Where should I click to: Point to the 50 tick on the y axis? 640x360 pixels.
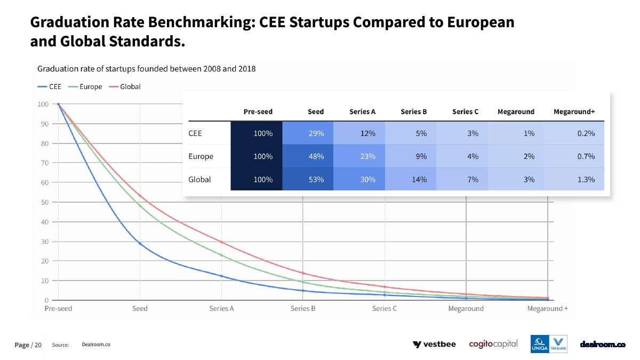[45, 202]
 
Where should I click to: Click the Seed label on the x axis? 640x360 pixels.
[140, 309]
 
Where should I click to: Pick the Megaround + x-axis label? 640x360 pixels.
[547, 309]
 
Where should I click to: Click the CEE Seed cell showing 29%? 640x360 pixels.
[308, 133]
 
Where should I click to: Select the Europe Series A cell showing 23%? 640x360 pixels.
[359, 156]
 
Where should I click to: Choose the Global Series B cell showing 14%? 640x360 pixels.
[411, 180]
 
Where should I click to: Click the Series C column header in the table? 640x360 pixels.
[465, 111]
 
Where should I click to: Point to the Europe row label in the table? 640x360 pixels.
[201, 156]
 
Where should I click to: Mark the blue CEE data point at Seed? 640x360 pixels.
[140, 243]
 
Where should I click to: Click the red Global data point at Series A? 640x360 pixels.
[221, 242]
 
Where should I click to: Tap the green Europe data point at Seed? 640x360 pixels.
[140, 205]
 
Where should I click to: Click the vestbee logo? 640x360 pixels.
[434, 345]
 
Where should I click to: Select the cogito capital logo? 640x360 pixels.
[493, 344]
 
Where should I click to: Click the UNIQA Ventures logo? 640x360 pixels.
[548, 344]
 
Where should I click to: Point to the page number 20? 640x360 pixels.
[38, 345]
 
